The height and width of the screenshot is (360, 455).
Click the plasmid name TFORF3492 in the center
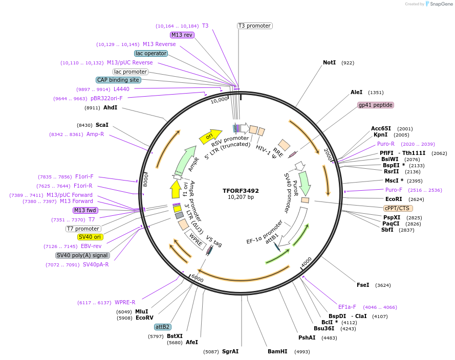(x=241, y=190)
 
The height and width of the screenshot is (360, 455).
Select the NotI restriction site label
(x=329, y=62)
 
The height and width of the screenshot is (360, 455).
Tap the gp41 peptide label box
(x=375, y=105)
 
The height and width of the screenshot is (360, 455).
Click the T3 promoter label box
(x=254, y=26)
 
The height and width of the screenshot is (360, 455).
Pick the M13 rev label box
(x=182, y=35)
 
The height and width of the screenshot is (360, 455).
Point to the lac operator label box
(x=151, y=53)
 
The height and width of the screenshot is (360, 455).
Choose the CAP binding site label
(x=118, y=80)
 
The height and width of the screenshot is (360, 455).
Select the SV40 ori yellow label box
(x=90, y=237)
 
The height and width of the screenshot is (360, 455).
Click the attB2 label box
(x=162, y=327)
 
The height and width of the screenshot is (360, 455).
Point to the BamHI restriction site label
(x=277, y=351)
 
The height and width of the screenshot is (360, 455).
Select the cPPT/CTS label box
(x=398, y=208)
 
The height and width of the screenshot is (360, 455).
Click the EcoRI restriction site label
(x=394, y=199)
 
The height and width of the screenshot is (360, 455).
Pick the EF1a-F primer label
(x=347, y=307)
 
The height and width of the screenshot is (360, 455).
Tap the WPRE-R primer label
(x=125, y=302)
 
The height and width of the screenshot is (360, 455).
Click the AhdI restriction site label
(x=110, y=108)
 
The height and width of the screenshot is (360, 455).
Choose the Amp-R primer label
(x=95, y=134)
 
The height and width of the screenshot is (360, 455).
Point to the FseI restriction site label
(x=363, y=285)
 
